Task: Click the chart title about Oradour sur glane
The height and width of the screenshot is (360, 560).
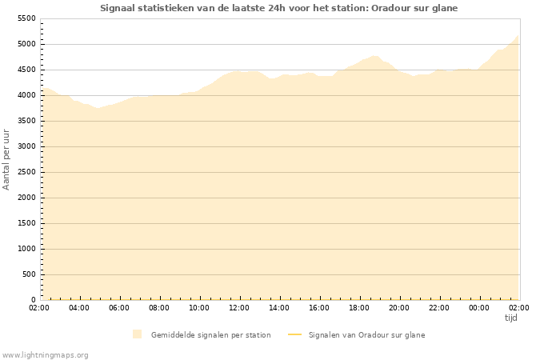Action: pos(279,8)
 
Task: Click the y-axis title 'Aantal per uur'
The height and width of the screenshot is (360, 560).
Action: pos(7,158)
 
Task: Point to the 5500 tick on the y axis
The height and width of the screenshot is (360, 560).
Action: pos(26,18)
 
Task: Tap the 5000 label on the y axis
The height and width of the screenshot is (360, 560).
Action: pos(26,44)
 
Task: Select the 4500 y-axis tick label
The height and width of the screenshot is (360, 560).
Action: pos(26,70)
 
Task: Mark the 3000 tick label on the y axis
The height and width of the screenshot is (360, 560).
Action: pos(26,146)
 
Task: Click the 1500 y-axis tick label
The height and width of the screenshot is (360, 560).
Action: pos(26,223)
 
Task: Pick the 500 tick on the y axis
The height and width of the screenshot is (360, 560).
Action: pos(29,274)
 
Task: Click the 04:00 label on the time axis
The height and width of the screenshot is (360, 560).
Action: pos(79,307)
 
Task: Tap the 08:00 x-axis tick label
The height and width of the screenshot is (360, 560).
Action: pos(159,307)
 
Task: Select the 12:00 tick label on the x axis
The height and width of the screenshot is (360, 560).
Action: pos(239,307)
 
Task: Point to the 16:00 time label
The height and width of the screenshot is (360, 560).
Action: pos(319,307)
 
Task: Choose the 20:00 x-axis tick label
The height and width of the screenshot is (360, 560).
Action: pos(399,307)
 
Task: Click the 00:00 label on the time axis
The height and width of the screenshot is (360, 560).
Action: pos(479,307)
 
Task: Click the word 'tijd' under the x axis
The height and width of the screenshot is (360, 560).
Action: pos(511,318)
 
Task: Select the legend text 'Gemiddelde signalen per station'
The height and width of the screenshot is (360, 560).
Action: pos(210,334)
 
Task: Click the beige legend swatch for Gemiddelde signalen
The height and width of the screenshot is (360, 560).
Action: pos(138,334)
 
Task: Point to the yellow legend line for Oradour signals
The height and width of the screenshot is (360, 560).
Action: pos(294,334)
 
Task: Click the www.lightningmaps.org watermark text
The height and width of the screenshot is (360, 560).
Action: pos(45,354)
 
